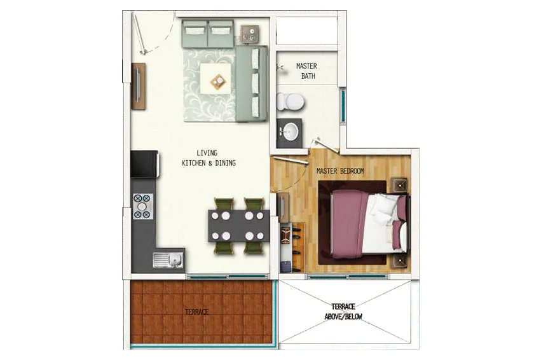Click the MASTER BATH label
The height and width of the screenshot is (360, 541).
click(306, 71)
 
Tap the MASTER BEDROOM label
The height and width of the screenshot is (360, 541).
click(340, 171)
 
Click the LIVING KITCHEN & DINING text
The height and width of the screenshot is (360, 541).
click(209, 158)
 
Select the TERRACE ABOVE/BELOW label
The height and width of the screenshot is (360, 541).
click(343, 311)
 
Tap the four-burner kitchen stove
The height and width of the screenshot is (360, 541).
click(143, 207)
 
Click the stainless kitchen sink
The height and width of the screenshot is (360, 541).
click(168, 260)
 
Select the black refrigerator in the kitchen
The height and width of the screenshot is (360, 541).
click(144, 164)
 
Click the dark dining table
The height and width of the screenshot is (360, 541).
click(238, 226)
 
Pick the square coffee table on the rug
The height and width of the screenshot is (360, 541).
click(216, 78)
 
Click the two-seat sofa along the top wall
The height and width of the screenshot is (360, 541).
click(208, 34)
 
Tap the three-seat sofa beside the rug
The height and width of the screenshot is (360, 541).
click(252, 84)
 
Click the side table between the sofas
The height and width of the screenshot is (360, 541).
click(250, 34)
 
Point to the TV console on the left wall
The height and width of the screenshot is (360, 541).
click(139, 87)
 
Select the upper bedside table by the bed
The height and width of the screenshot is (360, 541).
click(399, 185)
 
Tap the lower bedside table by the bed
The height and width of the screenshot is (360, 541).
click(399, 261)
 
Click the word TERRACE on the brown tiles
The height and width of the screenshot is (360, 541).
click(196, 312)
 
